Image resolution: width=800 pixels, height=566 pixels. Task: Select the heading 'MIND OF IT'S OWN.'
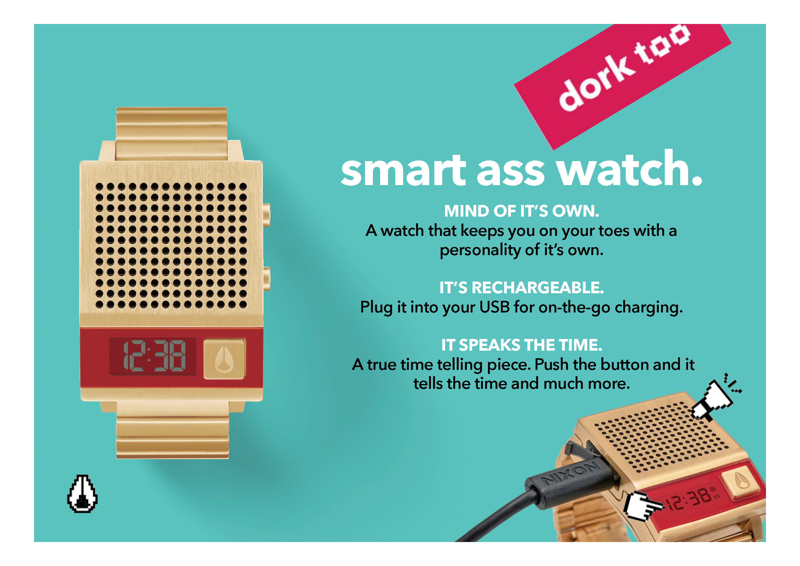(x=522, y=211)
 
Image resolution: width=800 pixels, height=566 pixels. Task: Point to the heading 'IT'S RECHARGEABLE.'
(x=522, y=288)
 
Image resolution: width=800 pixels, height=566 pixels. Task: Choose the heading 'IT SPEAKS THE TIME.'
(x=522, y=345)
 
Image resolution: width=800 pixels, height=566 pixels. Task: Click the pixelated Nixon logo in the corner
(x=82, y=493)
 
